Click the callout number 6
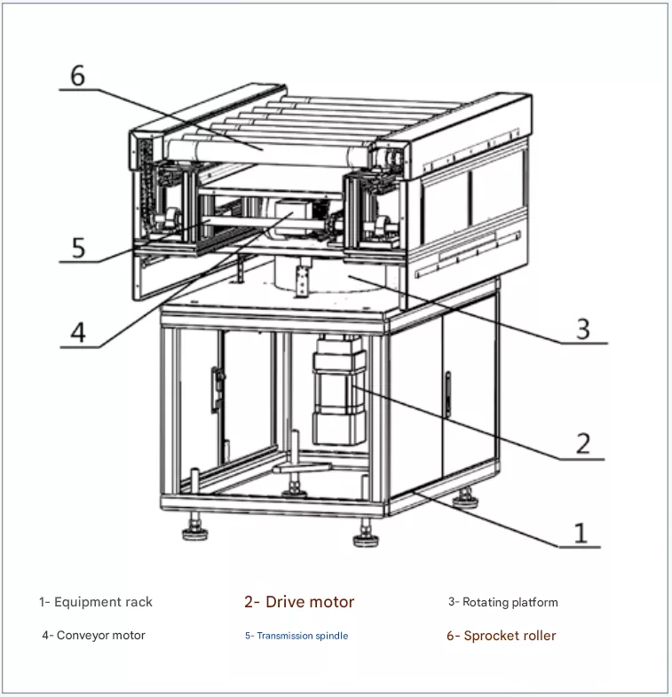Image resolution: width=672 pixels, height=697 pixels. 78,75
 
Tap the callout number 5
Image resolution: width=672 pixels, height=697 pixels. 79,248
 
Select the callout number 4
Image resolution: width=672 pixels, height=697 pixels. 78,332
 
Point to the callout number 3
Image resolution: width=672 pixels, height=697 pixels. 583,329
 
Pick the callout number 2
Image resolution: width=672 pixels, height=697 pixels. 583,443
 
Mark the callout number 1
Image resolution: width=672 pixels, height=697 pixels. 580,533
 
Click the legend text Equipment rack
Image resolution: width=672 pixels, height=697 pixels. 103,602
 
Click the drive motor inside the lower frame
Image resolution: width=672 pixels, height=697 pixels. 339,391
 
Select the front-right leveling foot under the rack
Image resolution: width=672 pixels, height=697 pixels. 367,534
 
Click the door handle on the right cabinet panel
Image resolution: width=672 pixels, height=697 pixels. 448,394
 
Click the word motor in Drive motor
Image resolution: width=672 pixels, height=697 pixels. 331,602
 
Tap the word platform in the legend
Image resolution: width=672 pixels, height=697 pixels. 534,603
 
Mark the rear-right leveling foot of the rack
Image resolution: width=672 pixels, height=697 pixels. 465,499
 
